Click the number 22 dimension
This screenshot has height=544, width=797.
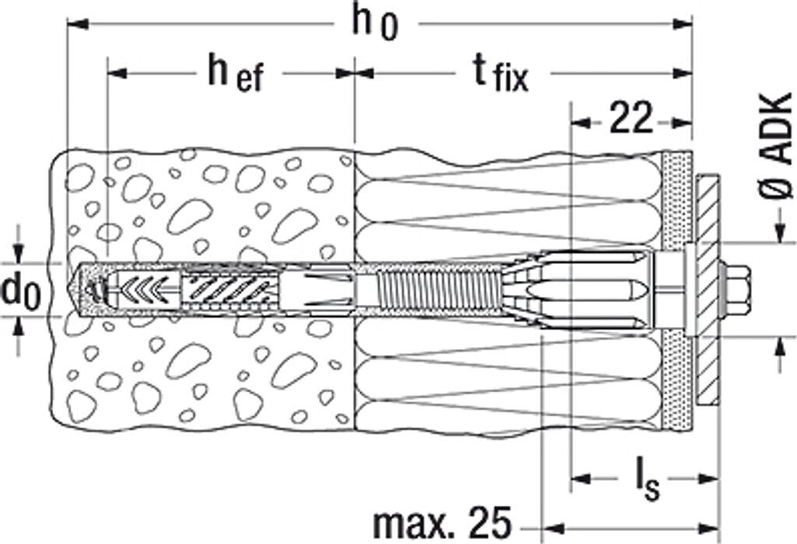pos(630,121)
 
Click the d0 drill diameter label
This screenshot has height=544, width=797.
pos(21,290)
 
